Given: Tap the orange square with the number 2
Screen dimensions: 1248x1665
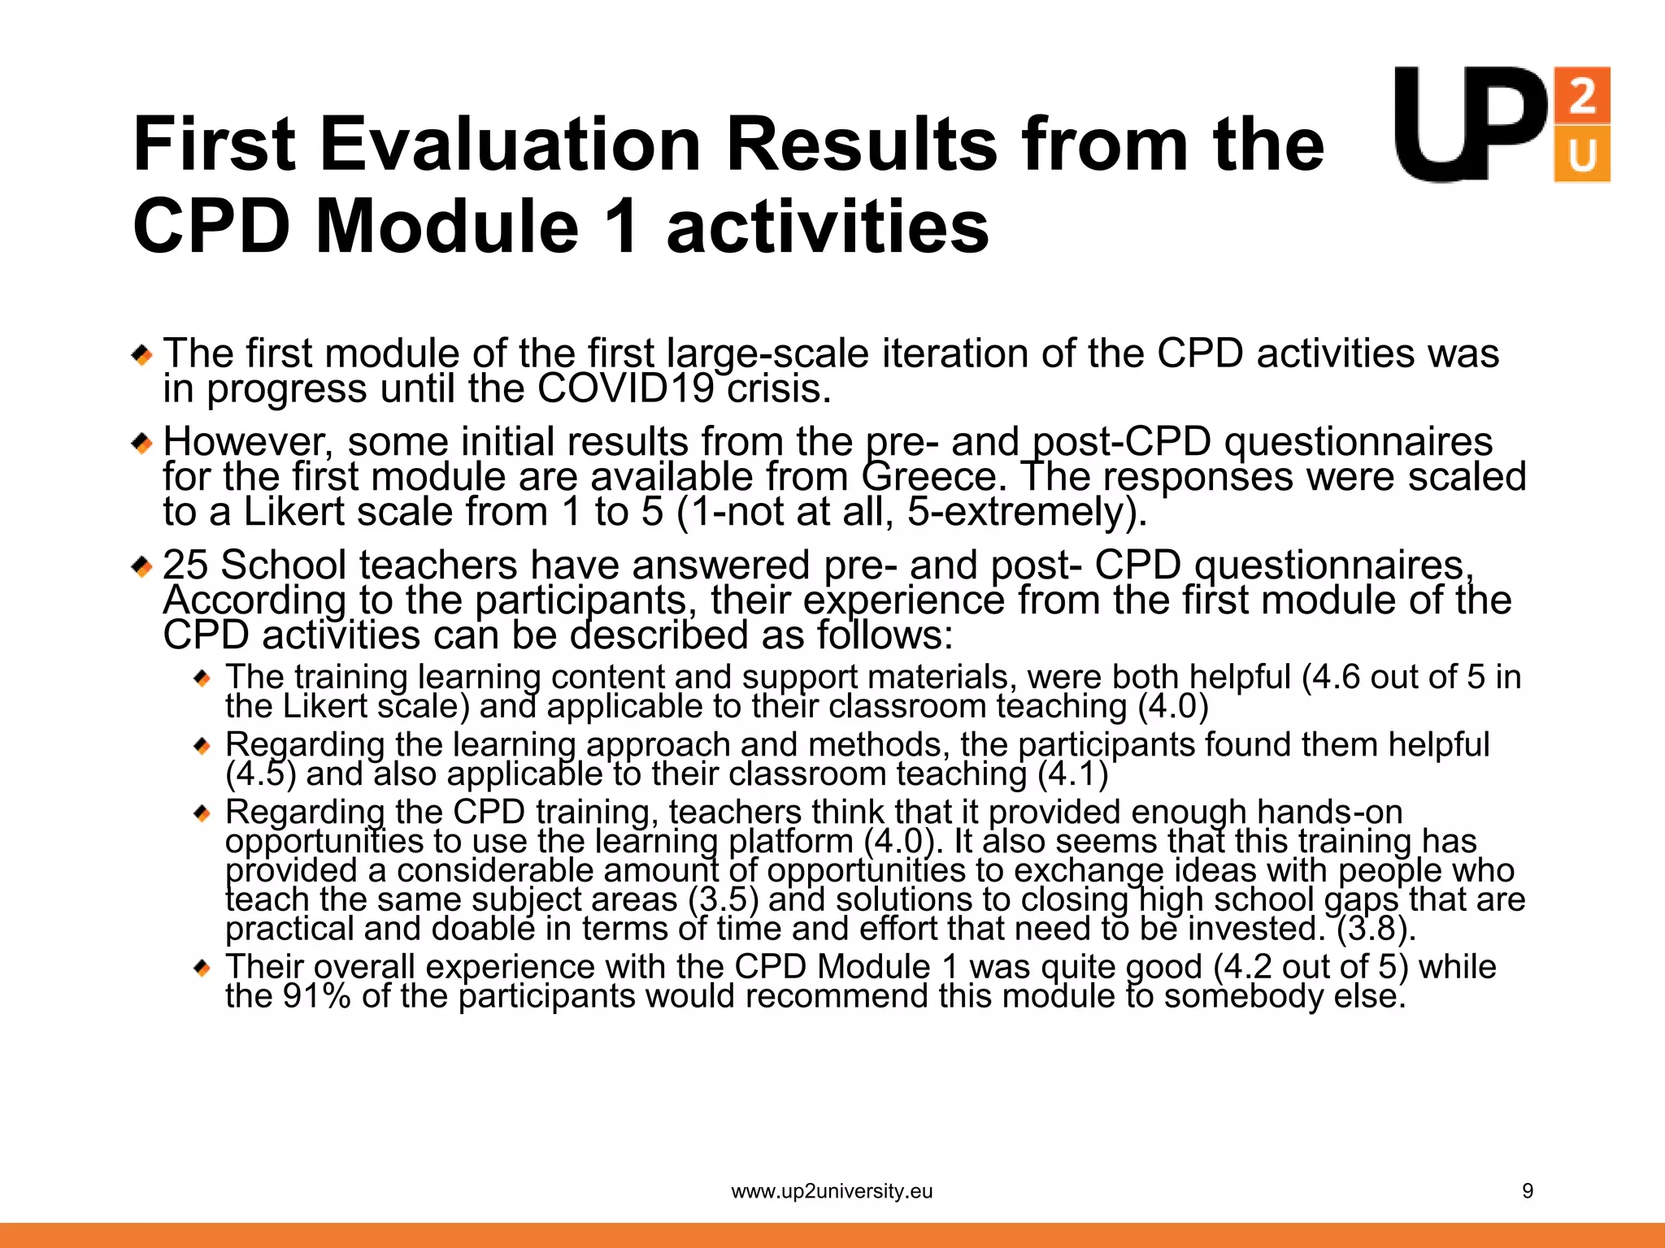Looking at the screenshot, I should pyautogui.click(x=1581, y=96).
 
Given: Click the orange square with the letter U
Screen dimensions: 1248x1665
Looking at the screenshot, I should pyautogui.click(x=1581, y=154).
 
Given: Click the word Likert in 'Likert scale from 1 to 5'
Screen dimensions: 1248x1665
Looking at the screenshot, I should pyautogui.click(x=294, y=512).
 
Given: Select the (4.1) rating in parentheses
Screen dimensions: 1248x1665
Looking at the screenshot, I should pyautogui.click(x=1072, y=773).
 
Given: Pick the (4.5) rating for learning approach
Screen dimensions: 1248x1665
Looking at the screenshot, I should pyautogui.click(x=260, y=773).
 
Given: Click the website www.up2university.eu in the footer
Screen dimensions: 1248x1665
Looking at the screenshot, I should pyautogui.click(x=832, y=1191).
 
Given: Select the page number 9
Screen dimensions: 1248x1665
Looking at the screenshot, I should pyautogui.click(x=1527, y=1191).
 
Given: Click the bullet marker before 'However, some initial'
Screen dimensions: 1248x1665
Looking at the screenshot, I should pyautogui.click(x=142, y=444).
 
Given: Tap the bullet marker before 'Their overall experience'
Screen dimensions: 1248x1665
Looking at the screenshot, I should pyautogui.click(x=202, y=968).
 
